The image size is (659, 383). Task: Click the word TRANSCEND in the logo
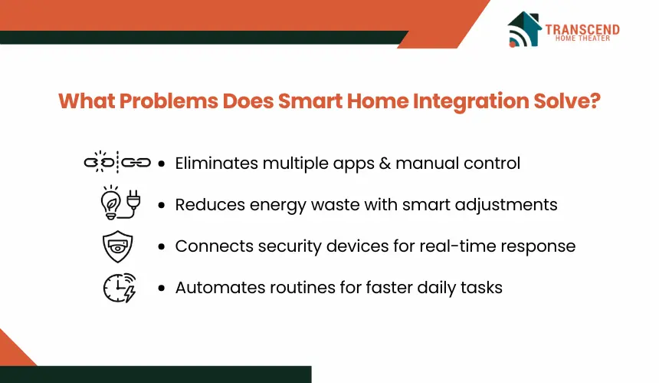582,29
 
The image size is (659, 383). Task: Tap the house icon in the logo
524,29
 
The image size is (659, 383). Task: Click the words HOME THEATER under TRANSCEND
582,38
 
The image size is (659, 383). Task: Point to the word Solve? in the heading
567,101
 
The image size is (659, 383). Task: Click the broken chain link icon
117,162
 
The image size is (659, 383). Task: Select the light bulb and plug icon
120,203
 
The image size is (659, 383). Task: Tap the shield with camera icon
118,246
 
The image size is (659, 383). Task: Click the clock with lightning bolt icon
120,288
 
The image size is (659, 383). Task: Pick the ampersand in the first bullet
385,163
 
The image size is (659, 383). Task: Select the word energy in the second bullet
278,206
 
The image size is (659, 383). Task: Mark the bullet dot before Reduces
162,206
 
